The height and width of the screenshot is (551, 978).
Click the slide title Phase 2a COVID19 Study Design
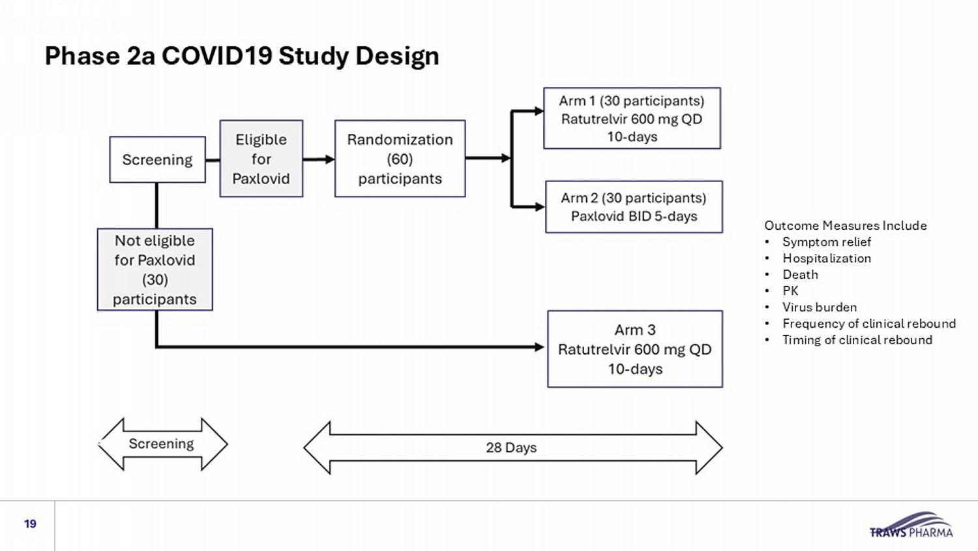pyautogui.click(x=242, y=56)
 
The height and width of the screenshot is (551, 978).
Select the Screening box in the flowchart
pyautogui.click(x=158, y=159)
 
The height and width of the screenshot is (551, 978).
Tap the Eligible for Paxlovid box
pyautogui.click(x=261, y=159)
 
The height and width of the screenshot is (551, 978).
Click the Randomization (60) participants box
pyautogui.click(x=400, y=159)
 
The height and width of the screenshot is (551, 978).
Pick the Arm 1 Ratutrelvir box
pyautogui.click(x=632, y=119)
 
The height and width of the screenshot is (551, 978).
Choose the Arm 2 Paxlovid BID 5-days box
pyautogui.click(x=634, y=207)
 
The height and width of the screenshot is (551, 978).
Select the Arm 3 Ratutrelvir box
pyautogui.click(x=635, y=349)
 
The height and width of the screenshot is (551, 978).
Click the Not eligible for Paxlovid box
pyautogui.click(x=155, y=270)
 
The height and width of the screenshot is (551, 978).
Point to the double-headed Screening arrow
pyautogui.click(x=162, y=445)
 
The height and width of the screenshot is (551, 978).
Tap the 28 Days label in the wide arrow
pyautogui.click(x=511, y=448)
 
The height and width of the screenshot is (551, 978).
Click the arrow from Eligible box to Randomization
pyautogui.click(x=319, y=159)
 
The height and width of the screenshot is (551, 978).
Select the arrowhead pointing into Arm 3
pyautogui.click(x=540, y=347)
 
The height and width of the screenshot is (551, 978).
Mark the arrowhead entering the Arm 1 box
pyautogui.click(x=539, y=111)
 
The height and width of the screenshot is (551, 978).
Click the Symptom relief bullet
pyautogui.click(x=827, y=242)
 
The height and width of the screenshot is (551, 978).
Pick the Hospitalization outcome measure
pyautogui.click(x=827, y=259)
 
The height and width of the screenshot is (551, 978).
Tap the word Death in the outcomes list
pyautogui.click(x=800, y=275)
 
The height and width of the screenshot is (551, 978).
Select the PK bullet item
pyautogui.click(x=790, y=291)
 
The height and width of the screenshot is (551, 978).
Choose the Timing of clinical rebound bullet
pyautogui.click(x=857, y=339)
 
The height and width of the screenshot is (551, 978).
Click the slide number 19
pyautogui.click(x=30, y=524)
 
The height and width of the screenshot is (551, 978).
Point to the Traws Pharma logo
pyautogui.click(x=911, y=525)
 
